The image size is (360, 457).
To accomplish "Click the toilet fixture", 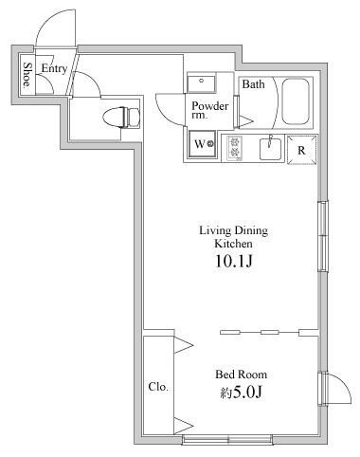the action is click(121, 118).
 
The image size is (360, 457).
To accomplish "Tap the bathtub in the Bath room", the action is click(296, 101).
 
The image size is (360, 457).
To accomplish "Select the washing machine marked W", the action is click(203, 144).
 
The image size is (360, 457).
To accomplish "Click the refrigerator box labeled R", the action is click(301, 150).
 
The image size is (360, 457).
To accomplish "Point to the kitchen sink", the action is click(270, 149).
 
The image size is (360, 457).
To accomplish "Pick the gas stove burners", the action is click(235, 147).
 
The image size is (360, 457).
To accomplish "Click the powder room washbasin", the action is click(201, 82).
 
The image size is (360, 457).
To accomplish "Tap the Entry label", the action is click(54, 68).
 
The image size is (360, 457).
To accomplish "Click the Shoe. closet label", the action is click(27, 75).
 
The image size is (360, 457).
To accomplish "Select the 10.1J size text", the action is click(234, 262).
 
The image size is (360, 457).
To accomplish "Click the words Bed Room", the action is click(242, 375).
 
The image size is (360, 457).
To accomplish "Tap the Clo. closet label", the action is click(158, 387).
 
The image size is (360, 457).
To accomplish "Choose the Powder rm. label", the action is click(210, 110).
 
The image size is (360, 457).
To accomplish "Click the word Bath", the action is click(254, 84).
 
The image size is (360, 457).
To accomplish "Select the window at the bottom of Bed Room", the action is click(227, 439).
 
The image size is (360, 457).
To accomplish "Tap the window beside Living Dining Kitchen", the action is click(322, 236).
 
